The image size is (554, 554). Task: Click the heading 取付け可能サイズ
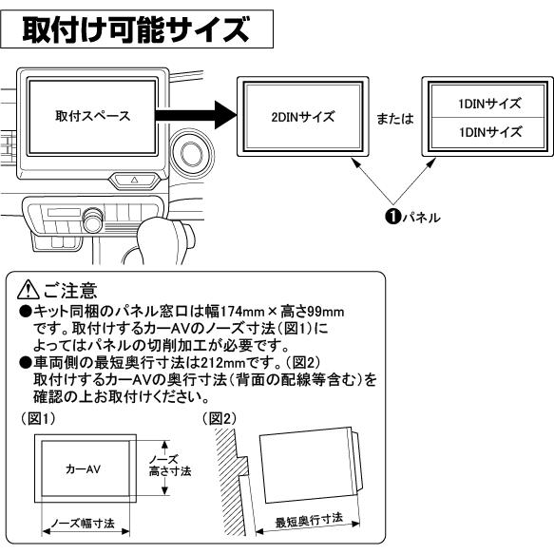click(x=136, y=29)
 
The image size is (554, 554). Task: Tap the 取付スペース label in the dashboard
click(x=92, y=116)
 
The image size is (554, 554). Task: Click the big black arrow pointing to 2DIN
click(x=196, y=115)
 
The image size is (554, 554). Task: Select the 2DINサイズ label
click(x=303, y=117)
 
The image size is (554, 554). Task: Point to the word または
click(x=395, y=119)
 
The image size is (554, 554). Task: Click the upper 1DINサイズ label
click(x=489, y=104)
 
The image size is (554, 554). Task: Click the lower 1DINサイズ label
click(x=490, y=132)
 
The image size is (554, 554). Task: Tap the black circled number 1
click(x=392, y=217)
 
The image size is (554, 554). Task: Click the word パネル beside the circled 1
click(x=421, y=218)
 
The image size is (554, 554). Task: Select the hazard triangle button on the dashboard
click(x=134, y=180)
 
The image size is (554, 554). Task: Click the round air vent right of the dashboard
click(x=191, y=153)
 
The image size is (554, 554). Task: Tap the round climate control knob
click(x=92, y=221)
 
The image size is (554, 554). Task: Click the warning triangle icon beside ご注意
click(x=29, y=290)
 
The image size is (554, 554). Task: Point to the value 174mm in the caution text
click(x=242, y=312)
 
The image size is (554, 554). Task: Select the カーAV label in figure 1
click(x=83, y=468)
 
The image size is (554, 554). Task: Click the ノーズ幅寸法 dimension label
click(x=83, y=524)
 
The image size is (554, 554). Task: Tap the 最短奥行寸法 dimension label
click(x=309, y=520)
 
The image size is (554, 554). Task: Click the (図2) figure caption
click(x=219, y=419)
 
